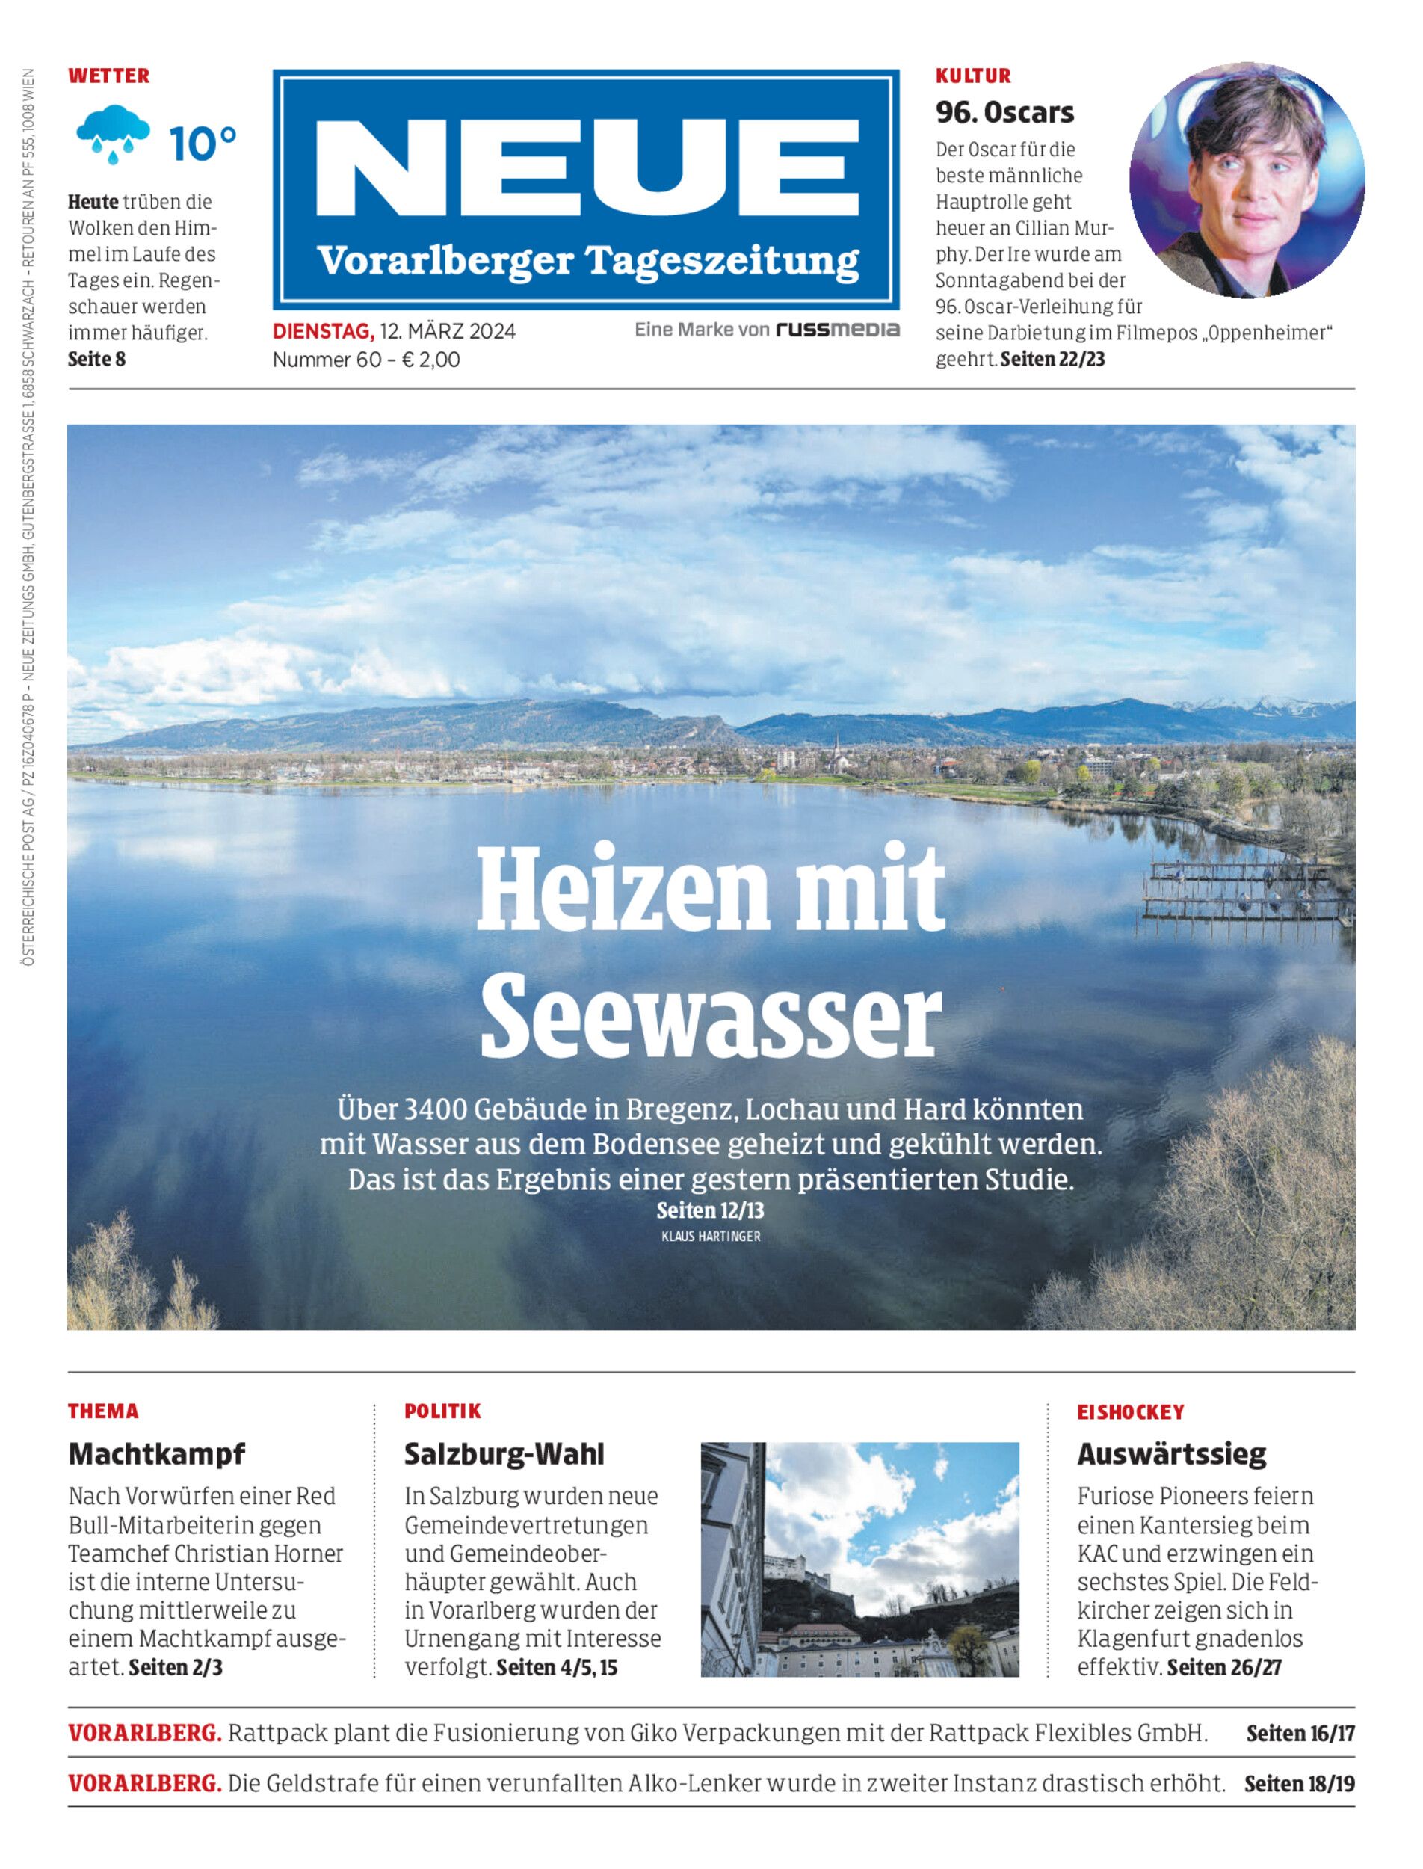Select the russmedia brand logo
838,330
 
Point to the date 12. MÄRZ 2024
447,330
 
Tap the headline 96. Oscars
1004,112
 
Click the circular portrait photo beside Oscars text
1247,180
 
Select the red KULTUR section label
972,76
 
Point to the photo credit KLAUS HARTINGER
711,1236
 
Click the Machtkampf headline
156,1454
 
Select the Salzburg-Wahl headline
504,1454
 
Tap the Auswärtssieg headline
1171,1454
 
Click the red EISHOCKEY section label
1130,1412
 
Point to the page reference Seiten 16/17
1300,1733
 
